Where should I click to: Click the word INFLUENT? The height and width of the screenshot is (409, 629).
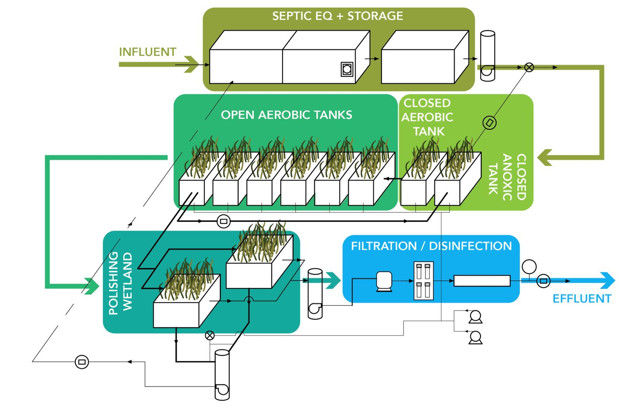pyautogui.click(x=147, y=52)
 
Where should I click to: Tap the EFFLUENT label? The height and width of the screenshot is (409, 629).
pyautogui.click(x=582, y=298)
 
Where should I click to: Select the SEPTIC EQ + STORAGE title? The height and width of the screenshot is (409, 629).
pyautogui.click(x=338, y=16)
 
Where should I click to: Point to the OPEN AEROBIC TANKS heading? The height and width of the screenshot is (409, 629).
pyautogui.click(x=286, y=115)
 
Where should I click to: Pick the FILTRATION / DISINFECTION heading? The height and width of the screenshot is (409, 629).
pyautogui.click(x=431, y=246)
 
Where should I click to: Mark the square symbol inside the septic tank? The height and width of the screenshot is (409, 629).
pyautogui.click(x=347, y=69)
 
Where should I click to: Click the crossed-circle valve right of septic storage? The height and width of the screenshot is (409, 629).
pyautogui.click(x=529, y=67)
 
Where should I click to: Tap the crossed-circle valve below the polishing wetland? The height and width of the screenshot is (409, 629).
pyautogui.click(x=210, y=336)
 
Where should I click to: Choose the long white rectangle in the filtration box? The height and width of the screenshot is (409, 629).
pyautogui.click(x=482, y=281)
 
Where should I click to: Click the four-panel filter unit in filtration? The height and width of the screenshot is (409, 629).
pyautogui.click(x=423, y=280)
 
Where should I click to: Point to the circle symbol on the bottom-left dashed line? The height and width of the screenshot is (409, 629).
pyautogui.click(x=82, y=362)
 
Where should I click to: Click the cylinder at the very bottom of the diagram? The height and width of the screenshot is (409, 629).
pyautogui.click(x=222, y=374)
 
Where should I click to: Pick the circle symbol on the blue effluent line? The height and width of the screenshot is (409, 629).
pyautogui.click(x=544, y=281)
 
